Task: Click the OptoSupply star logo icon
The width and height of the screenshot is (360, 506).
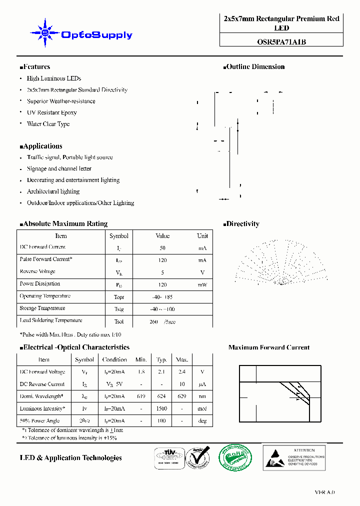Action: (45, 33)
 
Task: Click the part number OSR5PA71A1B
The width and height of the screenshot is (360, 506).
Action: (281, 42)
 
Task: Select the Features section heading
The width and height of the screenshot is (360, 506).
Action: (35, 66)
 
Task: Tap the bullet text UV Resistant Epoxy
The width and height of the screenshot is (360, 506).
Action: (51, 112)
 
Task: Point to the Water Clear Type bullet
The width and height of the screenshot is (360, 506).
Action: (48, 124)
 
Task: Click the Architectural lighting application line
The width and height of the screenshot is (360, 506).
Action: (53, 191)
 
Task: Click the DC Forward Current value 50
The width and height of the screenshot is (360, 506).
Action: (162, 248)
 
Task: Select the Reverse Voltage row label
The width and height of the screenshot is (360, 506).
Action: (37, 271)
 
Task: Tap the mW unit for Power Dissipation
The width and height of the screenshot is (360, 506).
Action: (202, 284)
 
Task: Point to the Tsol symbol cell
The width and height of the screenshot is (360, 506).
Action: (118, 321)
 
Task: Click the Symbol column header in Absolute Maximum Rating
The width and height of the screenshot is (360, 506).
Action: (118, 236)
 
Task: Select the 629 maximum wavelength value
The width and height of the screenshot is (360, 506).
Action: (182, 396)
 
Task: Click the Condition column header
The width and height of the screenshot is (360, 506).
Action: (114, 359)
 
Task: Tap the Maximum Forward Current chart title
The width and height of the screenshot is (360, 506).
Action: (268, 347)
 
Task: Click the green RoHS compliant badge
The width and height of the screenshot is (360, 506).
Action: (236, 456)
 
